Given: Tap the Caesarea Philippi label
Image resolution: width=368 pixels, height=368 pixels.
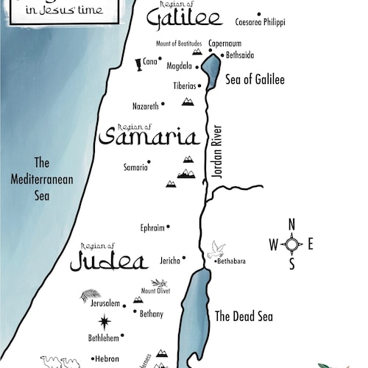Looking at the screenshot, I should click(x=260, y=22).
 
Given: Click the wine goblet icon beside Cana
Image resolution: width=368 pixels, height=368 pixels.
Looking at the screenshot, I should click(x=138, y=65).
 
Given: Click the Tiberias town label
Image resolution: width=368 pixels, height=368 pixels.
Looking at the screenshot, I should click(x=185, y=85).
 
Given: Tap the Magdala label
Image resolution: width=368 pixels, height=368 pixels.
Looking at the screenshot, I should click(x=179, y=66).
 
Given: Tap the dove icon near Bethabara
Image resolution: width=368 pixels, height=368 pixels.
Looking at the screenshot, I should click(x=216, y=249).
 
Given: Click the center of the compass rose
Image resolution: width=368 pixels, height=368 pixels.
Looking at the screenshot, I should click(x=292, y=244).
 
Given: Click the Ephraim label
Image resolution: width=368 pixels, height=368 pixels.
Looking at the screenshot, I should click(x=152, y=227).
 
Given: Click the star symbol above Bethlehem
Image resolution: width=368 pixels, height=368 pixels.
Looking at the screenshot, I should click(x=105, y=321).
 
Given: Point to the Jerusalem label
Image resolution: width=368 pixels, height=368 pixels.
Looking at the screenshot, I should click(x=105, y=303).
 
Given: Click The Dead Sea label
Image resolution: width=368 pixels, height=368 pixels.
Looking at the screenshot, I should click(x=244, y=316).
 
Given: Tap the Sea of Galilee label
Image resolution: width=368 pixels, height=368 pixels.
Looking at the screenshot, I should click(x=255, y=79).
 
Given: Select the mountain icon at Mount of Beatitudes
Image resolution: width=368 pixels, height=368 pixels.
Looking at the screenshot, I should click(x=197, y=52).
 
